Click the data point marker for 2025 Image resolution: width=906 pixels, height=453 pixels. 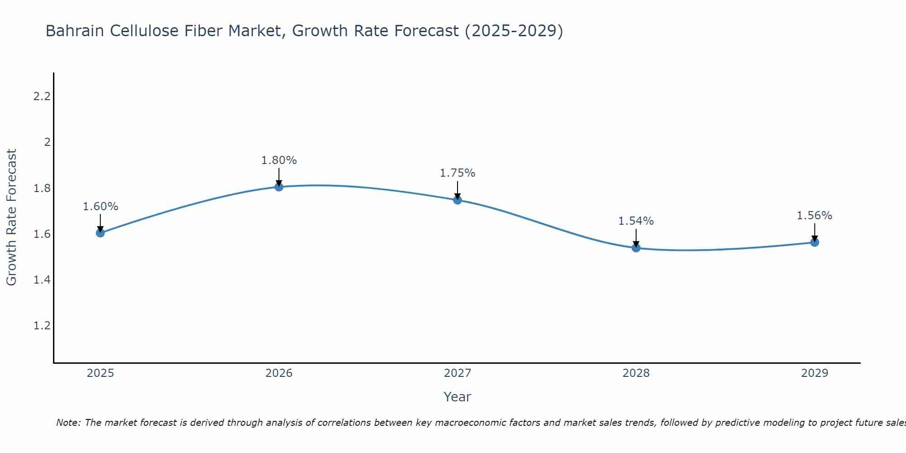coord(100,233)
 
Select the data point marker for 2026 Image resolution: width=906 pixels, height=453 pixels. coord(279,187)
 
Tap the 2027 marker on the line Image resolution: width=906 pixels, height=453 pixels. coord(458,200)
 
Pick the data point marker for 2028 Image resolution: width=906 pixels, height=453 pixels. coord(636,248)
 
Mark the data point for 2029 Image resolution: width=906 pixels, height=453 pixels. coord(814,242)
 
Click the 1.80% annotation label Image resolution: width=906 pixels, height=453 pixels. coord(279,160)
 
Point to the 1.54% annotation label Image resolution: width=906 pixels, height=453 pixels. coord(636,221)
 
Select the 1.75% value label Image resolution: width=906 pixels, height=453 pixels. coord(458,173)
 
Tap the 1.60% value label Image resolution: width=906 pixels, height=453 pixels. coord(100,207)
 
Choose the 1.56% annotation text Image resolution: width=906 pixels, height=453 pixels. coord(814,216)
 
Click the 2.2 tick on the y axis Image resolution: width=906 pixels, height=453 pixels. coord(42,96)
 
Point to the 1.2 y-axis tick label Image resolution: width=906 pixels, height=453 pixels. coord(42,326)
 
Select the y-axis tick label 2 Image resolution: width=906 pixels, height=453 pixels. coord(47,142)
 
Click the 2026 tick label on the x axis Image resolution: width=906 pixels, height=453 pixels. coord(279,373)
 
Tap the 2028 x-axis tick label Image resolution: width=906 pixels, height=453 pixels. coord(636,373)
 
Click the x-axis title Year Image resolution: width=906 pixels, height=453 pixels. coord(458,397)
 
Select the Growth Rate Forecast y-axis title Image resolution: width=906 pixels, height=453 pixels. coord(11,217)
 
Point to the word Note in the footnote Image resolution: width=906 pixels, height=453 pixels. coord(67,423)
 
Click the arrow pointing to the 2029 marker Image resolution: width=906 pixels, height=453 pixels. coord(814,232)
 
